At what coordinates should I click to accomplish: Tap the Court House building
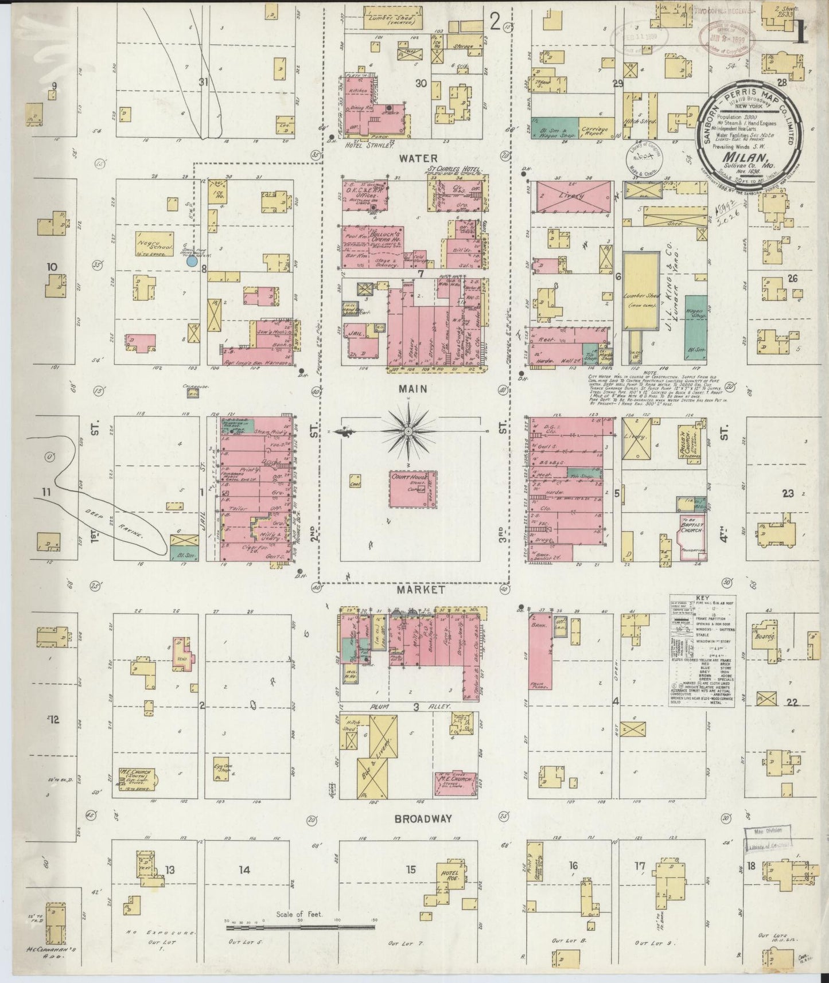pyautogui.click(x=412, y=489)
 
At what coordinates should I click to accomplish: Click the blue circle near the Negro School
pyautogui.click(x=192, y=261)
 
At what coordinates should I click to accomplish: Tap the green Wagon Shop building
pyautogui.click(x=696, y=327)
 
